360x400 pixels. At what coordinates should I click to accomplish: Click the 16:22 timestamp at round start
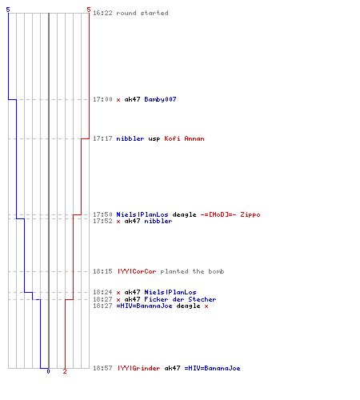click(102, 13)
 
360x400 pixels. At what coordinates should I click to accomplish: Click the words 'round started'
click(142, 13)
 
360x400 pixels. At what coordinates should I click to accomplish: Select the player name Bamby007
click(160, 99)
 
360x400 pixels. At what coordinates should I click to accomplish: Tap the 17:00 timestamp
click(102, 99)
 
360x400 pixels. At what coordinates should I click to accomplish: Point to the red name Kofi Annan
click(184, 138)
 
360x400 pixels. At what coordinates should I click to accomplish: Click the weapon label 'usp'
click(154, 139)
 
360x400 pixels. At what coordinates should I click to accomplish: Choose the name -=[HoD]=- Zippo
click(230, 214)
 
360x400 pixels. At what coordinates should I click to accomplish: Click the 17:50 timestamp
click(102, 214)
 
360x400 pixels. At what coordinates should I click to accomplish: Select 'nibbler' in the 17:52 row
click(158, 221)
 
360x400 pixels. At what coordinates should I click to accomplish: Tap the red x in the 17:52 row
click(118, 222)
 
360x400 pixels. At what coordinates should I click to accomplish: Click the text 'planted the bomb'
click(192, 271)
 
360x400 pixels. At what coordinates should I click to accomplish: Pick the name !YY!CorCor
click(137, 271)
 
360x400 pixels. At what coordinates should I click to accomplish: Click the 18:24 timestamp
click(102, 292)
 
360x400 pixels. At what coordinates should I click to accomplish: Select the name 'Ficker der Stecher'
click(180, 299)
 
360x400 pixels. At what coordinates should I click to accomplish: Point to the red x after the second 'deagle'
click(206, 306)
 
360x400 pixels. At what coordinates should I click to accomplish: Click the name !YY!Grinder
click(139, 368)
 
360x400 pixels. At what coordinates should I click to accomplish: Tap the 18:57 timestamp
click(102, 368)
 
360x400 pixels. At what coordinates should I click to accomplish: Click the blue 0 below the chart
click(48, 371)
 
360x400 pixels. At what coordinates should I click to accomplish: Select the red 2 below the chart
click(65, 371)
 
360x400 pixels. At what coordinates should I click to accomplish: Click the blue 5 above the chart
click(8, 10)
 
